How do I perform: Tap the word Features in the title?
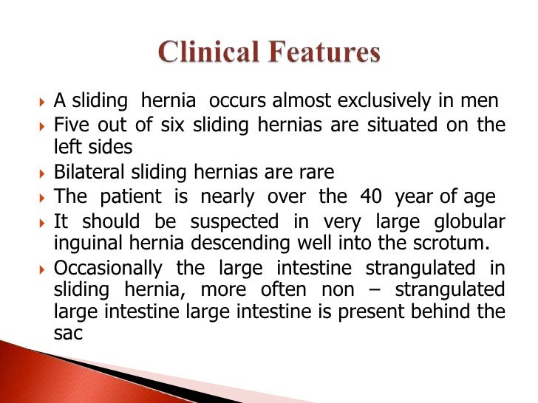tap(326, 54)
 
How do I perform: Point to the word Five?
tap(70, 125)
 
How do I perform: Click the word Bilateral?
tap(85, 173)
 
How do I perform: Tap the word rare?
tap(316, 173)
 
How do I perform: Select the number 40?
tap(372, 196)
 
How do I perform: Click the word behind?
tap(443, 311)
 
